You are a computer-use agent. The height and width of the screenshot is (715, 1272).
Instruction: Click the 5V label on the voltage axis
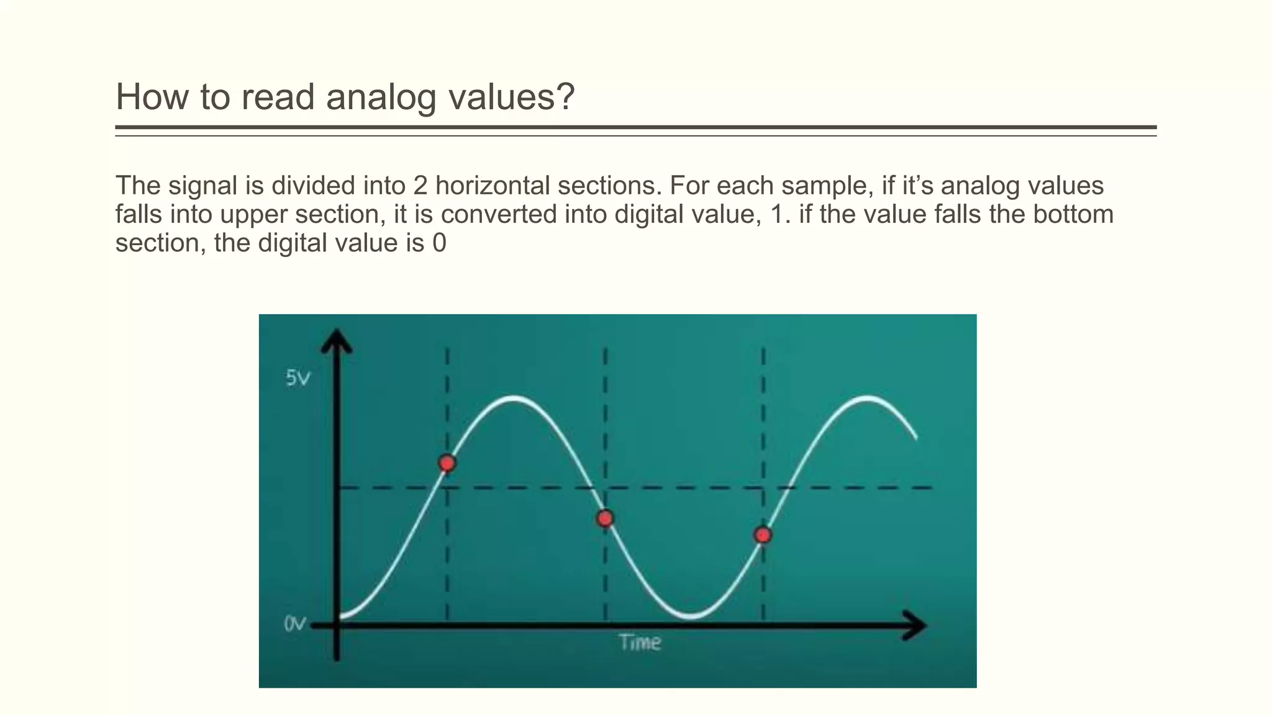298,377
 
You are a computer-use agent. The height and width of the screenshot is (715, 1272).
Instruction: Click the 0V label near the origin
295,623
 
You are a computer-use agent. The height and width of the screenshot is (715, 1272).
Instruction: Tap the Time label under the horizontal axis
640,642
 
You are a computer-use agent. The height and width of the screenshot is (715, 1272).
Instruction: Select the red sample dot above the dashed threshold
447,463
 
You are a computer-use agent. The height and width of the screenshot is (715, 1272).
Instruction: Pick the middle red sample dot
605,518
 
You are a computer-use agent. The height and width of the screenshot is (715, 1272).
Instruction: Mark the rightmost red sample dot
763,535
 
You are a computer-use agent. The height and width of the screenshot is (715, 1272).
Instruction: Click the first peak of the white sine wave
514,398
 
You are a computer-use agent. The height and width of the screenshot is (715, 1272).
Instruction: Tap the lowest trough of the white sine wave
691,616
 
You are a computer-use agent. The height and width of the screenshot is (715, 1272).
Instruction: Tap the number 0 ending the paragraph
439,243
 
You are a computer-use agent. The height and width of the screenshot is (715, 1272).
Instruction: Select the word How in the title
151,97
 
